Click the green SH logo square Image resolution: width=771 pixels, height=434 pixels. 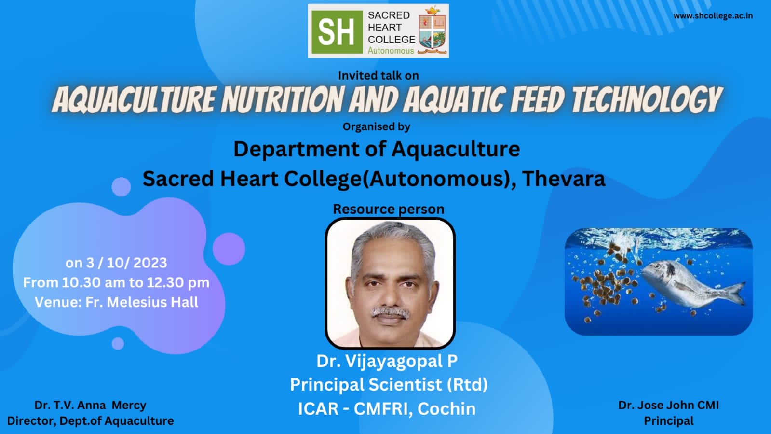tap(337, 32)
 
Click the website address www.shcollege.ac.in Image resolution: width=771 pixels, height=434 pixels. tap(713, 16)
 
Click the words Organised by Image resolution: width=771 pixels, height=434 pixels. tap(377, 126)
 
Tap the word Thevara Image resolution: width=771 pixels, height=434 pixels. tap(563, 179)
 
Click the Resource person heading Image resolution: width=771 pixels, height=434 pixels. tap(389, 209)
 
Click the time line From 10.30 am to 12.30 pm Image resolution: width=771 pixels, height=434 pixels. tap(116, 283)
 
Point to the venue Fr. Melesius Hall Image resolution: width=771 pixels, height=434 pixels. tap(141, 302)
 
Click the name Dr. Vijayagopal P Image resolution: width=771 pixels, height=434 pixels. tap(387, 361)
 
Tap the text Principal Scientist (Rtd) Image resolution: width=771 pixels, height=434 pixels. tap(389, 385)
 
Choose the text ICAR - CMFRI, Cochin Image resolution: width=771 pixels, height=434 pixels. tap(387, 409)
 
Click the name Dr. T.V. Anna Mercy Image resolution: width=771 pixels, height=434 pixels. tap(90, 405)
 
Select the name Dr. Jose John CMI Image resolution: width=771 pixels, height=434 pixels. tap(668, 405)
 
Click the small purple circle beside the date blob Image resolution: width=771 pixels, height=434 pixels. tap(229, 249)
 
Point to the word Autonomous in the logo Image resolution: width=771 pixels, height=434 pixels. tap(391, 51)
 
